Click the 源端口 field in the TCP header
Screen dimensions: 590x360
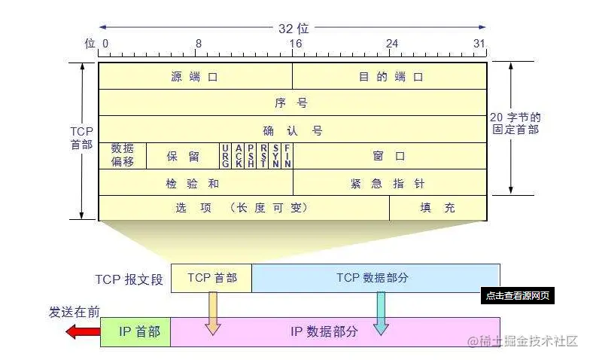195,76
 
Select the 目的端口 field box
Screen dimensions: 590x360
389,76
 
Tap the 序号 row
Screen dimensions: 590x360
292,102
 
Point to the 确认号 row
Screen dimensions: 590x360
292,130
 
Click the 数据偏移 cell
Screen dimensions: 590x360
123,155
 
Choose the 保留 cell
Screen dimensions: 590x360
182,156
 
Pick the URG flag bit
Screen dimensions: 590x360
226,156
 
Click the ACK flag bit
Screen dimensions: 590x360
239,156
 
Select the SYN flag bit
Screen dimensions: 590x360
275,156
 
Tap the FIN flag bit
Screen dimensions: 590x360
287,156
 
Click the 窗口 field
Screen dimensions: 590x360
389,156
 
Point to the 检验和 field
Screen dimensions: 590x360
195,182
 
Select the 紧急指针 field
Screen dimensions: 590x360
389,182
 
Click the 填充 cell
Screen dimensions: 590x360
437,208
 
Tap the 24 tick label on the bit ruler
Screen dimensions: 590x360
391,44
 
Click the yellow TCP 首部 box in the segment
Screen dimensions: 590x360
211,278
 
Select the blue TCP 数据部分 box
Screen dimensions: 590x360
376,278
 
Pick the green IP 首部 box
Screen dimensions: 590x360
136,331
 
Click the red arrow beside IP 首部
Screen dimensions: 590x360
81,331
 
